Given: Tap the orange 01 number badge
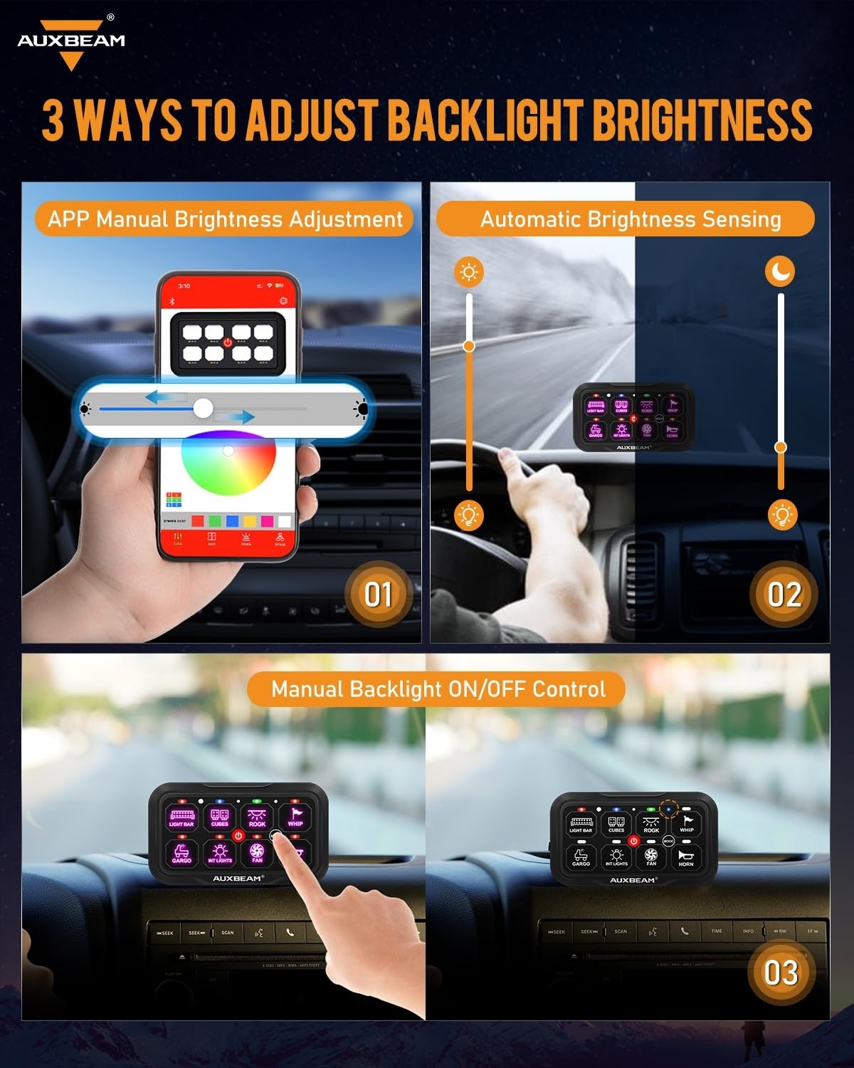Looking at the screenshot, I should [x=378, y=595].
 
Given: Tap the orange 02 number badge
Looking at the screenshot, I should [x=784, y=595].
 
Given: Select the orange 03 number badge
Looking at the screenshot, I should [x=780, y=973].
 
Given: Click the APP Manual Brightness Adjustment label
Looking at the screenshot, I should [x=225, y=219].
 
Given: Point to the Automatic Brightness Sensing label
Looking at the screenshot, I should [x=631, y=219].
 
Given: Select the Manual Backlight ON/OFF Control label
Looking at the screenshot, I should [x=438, y=689].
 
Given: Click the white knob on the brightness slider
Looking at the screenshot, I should [x=204, y=408].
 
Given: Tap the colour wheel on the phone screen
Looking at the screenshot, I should [x=228, y=463].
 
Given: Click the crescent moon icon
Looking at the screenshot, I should [x=781, y=271].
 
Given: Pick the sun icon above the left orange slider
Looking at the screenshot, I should [x=469, y=272].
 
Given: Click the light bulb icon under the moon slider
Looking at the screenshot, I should [x=783, y=514].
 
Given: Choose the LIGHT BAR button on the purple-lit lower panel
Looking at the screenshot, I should [x=181, y=817].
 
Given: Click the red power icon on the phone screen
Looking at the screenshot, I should [x=228, y=342].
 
